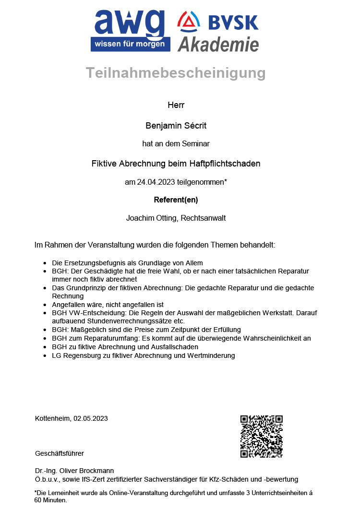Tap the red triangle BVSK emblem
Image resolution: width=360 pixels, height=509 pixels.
point(189,21)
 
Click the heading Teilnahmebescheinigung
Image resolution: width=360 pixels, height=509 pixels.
point(176,73)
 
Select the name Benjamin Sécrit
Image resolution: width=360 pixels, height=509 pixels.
point(176,126)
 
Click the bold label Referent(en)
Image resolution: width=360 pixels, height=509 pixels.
point(176,200)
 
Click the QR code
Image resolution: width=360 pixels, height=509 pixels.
point(261,436)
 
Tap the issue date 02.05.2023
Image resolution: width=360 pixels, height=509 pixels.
point(91,418)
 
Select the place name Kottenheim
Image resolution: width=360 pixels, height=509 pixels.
point(52,418)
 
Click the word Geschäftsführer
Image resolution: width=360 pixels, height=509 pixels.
point(60,453)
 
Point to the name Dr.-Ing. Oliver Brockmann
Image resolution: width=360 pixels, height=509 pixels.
point(74,471)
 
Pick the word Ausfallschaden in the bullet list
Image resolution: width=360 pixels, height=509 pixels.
point(175,347)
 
